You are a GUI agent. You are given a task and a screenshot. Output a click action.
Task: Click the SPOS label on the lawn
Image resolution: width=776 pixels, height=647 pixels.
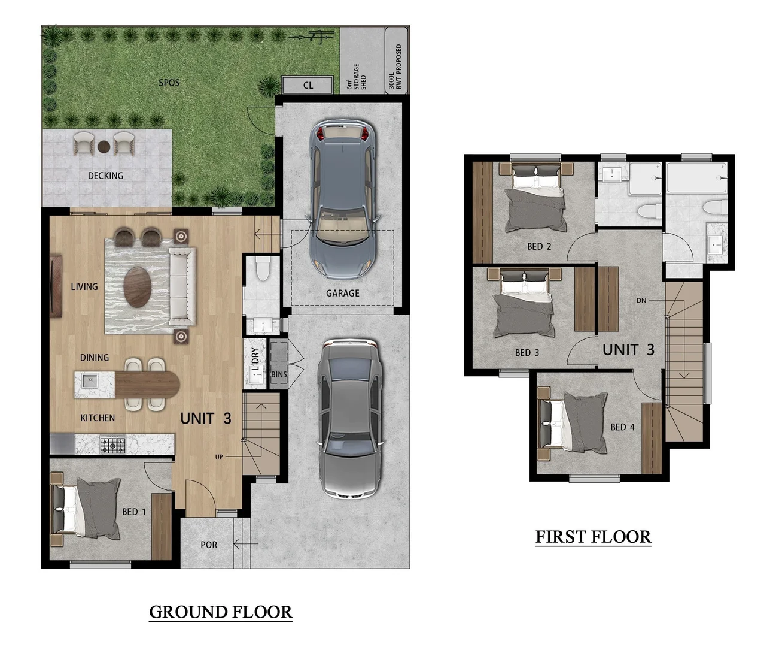point(169,83)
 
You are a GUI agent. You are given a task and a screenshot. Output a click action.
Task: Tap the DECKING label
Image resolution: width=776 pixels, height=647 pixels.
point(105,176)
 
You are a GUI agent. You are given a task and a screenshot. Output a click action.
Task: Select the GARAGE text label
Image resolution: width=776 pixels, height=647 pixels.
point(343,293)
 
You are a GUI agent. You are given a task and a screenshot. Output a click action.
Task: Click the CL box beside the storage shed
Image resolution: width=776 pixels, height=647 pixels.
point(308,85)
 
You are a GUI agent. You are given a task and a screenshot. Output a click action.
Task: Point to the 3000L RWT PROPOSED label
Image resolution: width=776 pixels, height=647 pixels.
point(395,67)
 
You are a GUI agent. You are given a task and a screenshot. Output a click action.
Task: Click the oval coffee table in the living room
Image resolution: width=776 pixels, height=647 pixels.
point(138,287)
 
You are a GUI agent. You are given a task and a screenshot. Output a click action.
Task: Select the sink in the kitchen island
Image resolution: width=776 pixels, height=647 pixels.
point(90,380)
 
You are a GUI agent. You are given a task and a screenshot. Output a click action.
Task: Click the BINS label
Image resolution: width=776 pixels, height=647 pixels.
point(279,374)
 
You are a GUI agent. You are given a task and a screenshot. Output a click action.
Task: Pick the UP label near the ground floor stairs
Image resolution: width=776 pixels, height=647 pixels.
point(219,457)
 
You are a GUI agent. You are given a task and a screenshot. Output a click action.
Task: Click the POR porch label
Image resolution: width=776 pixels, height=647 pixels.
point(209,545)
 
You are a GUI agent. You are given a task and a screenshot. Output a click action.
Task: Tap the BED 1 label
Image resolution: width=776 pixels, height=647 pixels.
point(134,512)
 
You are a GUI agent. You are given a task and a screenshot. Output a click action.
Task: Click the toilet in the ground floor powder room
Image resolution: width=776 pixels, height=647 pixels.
point(263,269)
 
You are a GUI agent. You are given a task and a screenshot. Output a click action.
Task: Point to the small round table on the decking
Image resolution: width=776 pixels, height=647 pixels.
point(104,147)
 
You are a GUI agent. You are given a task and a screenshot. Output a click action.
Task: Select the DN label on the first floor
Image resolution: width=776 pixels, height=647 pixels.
point(641,300)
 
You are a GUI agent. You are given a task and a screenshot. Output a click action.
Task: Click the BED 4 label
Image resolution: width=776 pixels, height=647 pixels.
point(622,427)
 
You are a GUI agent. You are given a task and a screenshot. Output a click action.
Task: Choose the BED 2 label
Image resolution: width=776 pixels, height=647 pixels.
point(539,246)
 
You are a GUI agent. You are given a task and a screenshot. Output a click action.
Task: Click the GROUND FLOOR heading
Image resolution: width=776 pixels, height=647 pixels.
point(221,612)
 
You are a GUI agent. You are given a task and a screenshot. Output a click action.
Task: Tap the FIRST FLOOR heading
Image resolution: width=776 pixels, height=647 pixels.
point(593,537)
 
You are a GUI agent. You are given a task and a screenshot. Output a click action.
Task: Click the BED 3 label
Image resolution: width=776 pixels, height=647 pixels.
point(527,353)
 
